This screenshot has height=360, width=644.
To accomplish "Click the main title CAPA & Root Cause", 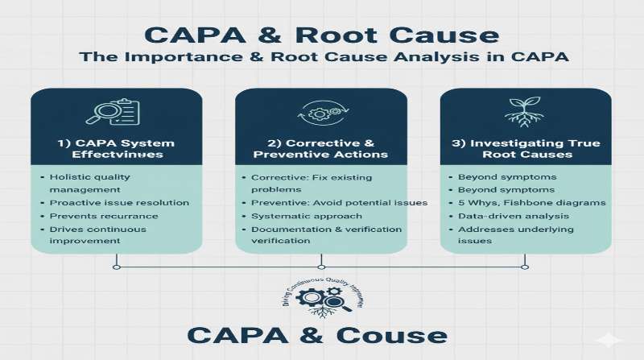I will click(x=322, y=36).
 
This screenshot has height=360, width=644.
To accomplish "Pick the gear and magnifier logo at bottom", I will click(x=320, y=299).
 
